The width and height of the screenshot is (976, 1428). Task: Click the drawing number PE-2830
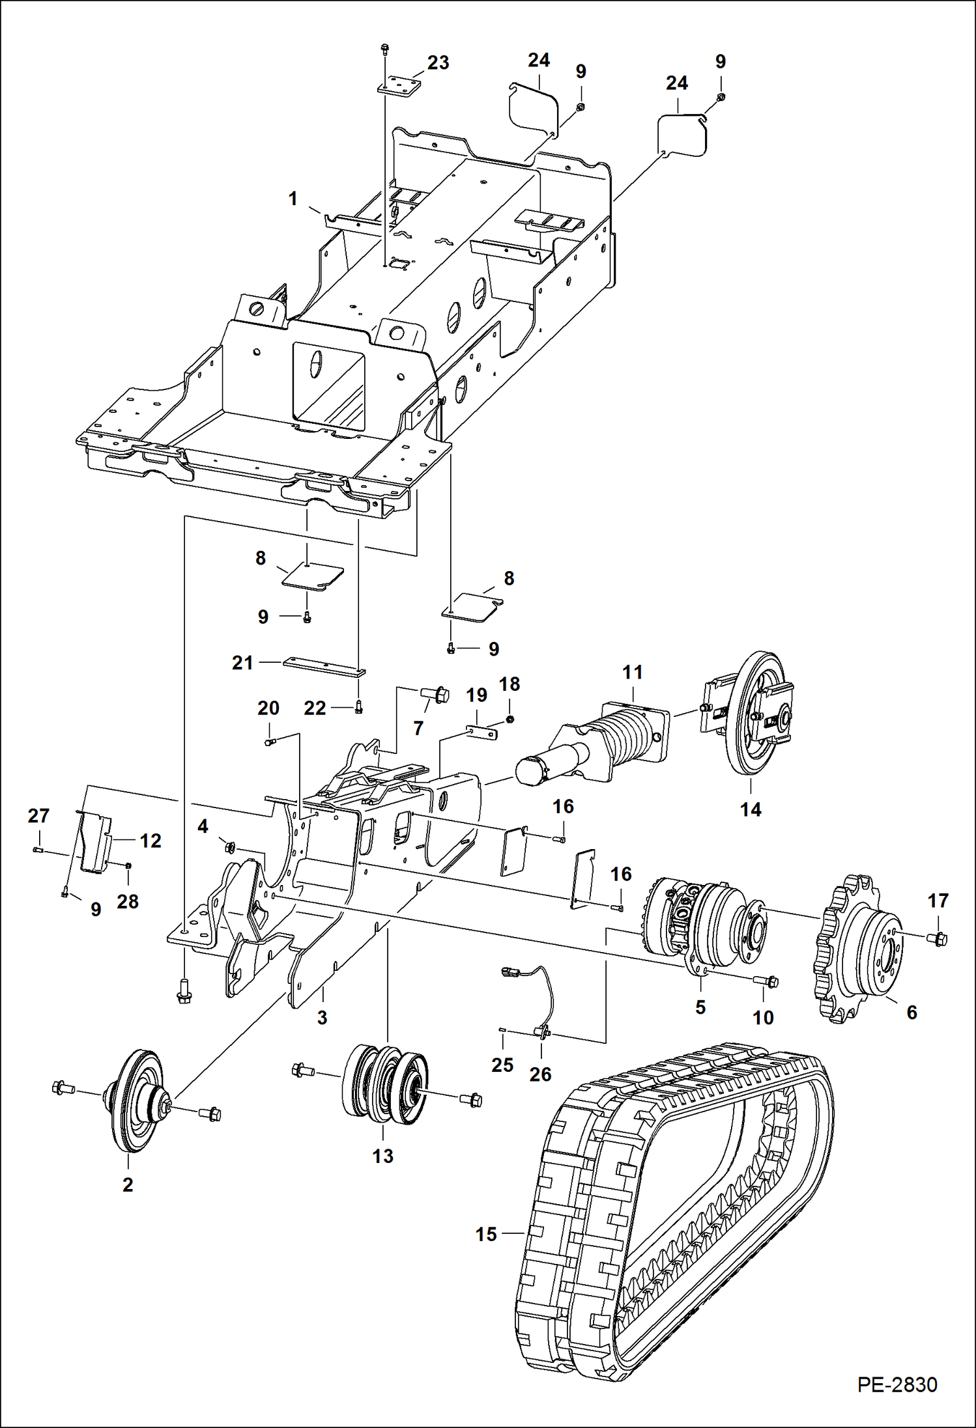(x=897, y=1384)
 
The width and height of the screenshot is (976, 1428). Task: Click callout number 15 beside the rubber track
(x=486, y=1234)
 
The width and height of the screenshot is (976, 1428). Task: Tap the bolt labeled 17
(x=939, y=938)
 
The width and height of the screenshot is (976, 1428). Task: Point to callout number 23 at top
(x=438, y=63)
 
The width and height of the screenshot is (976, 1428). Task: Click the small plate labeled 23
(x=399, y=87)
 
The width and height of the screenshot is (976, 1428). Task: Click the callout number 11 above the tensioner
(x=632, y=672)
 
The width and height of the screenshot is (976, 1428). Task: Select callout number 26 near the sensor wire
(x=540, y=1074)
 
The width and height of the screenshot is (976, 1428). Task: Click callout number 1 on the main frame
(x=293, y=199)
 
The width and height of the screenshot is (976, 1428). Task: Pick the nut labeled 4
(x=230, y=847)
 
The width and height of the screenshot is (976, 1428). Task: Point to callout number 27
(x=38, y=815)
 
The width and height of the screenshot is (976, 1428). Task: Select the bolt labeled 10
(x=767, y=981)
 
